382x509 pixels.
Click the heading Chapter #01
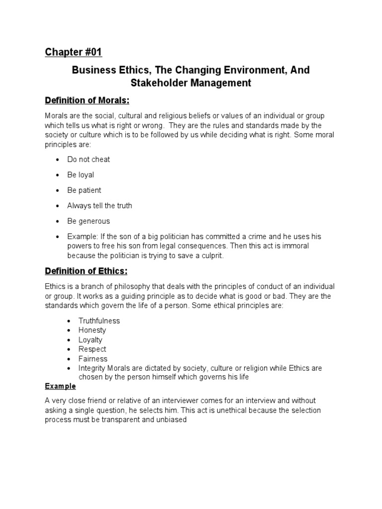pos(73,52)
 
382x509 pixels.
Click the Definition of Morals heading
pos(87,101)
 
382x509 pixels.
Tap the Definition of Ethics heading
pos(86,271)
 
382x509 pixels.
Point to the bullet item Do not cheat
pos(89,160)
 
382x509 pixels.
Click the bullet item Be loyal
pos(81,175)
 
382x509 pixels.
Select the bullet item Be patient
pos(84,190)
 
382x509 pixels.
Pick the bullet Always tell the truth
pos(99,206)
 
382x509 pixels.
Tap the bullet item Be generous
pos(89,221)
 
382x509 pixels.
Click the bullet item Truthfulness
pos(99,321)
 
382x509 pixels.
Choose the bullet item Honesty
pos(92,331)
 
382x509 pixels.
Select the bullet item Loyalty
pos(91,340)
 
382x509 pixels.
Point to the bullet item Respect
pos(92,349)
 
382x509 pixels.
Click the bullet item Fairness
pos(93,359)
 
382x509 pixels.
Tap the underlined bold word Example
pos(60,386)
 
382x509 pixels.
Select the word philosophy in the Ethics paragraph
pos(132,287)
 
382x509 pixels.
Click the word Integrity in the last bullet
pos(92,368)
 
